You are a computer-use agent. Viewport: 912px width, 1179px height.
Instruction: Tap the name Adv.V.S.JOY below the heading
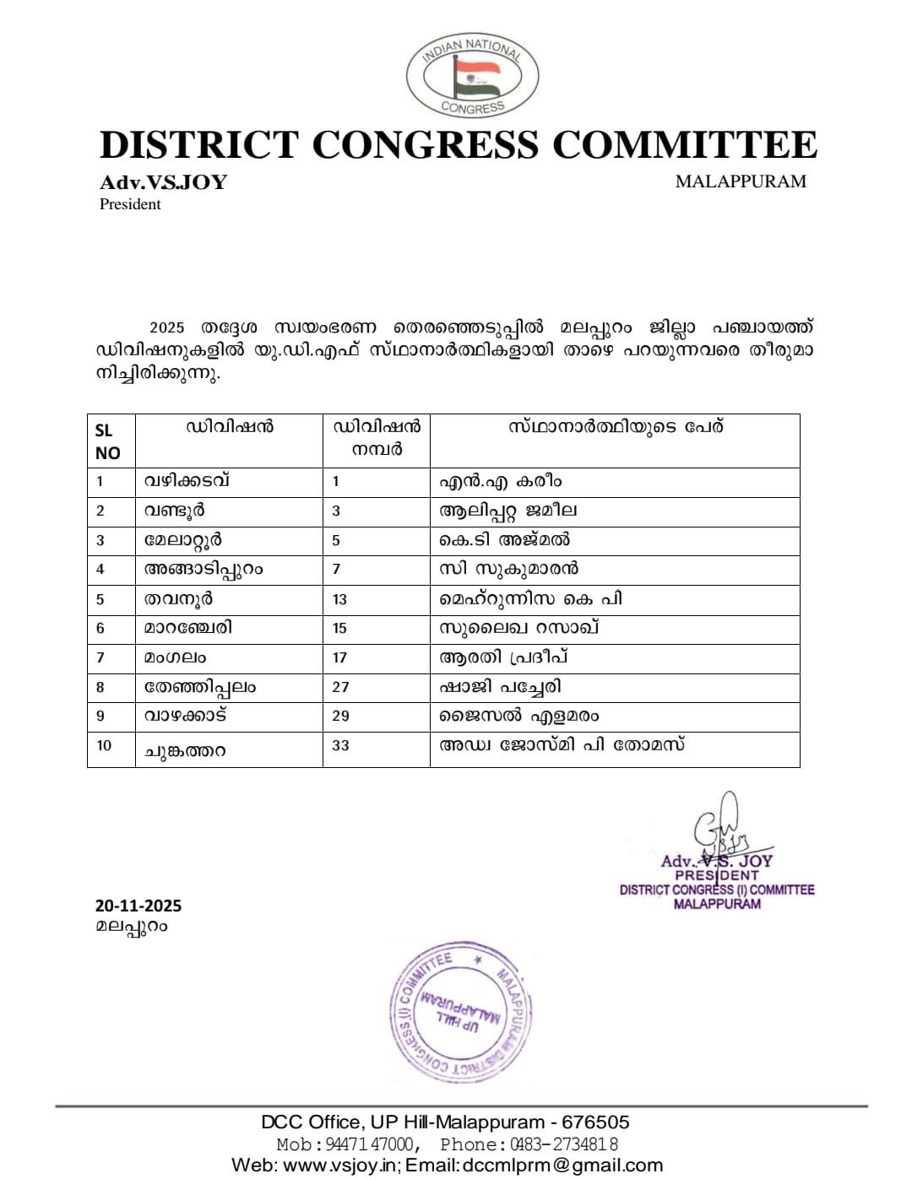click(x=163, y=182)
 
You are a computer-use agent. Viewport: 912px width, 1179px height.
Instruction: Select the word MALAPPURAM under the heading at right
click(x=741, y=181)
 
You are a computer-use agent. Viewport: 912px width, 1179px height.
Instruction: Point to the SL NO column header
click(x=108, y=441)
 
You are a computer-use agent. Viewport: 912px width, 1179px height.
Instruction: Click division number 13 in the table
click(x=339, y=599)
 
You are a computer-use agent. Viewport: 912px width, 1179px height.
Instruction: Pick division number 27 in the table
click(x=340, y=687)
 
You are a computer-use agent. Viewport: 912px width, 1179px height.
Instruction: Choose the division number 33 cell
click(x=340, y=745)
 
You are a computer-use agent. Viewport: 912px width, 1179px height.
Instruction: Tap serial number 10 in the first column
click(x=104, y=745)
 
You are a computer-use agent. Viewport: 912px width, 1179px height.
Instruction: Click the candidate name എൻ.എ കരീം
click(x=500, y=482)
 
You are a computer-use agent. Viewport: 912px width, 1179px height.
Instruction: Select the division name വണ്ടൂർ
click(x=174, y=511)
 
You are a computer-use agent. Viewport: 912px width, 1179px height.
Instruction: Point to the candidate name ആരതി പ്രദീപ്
click(x=502, y=657)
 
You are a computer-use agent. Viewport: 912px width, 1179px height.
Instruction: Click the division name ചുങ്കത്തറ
click(x=185, y=750)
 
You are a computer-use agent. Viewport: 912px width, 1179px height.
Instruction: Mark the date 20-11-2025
click(x=138, y=906)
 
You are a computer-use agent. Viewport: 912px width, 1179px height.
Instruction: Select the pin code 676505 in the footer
click(x=595, y=1122)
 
